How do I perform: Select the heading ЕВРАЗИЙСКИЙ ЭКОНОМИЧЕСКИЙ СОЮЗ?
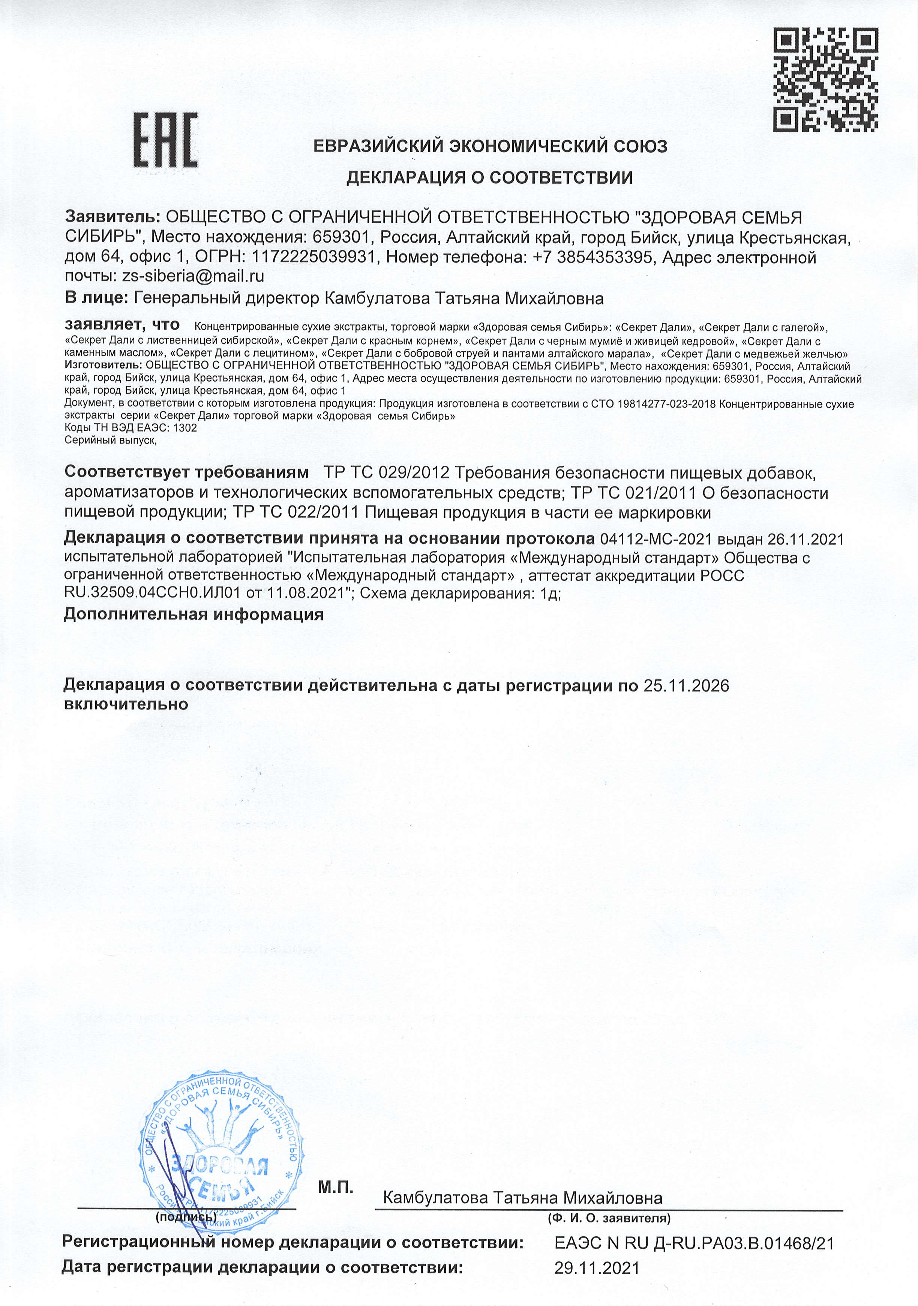[490, 147]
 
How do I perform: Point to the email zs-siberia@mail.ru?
[193, 276]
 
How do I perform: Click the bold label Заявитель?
[112, 217]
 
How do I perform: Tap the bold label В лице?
[96, 297]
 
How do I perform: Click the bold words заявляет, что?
[122, 325]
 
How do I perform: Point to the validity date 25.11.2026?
[686, 685]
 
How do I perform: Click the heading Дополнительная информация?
[193, 614]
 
